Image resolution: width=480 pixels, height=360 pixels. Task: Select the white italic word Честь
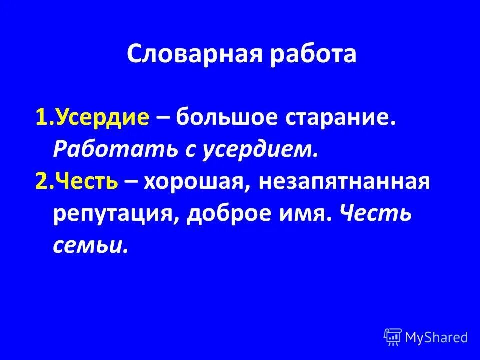click(x=375, y=214)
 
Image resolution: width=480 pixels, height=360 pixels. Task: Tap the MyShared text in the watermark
click(x=436, y=337)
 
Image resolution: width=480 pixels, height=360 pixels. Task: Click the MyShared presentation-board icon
click(x=392, y=337)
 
